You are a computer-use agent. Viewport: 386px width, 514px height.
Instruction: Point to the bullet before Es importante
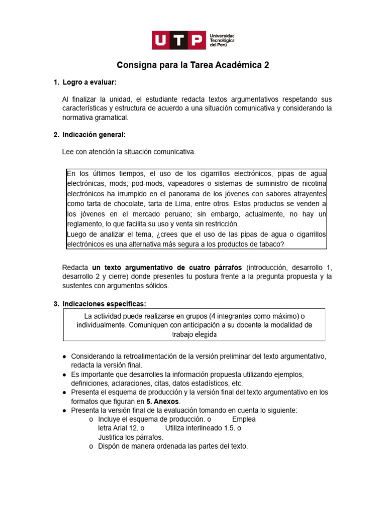click(65, 374)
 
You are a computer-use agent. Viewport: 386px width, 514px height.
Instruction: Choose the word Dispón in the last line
click(109, 446)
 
